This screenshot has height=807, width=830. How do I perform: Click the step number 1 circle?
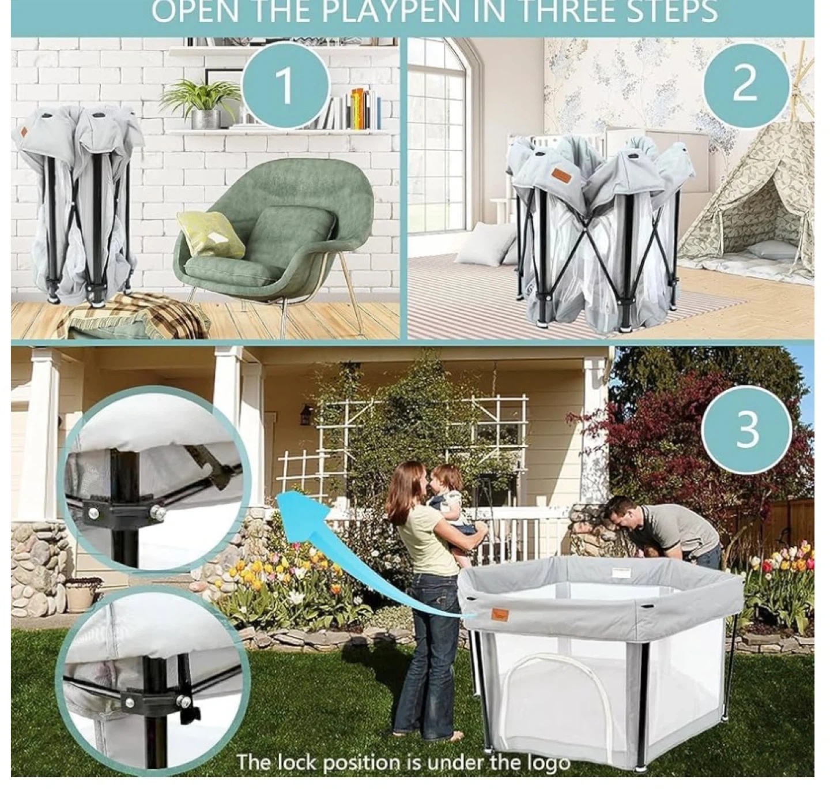pyautogui.click(x=285, y=85)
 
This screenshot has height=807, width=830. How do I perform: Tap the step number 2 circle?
pyautogui.click(x=745, y=85)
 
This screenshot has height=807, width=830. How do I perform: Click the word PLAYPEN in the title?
pyautogui.click(x=391, y=11)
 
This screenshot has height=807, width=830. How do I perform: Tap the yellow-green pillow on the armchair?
pyautogui.click(x=210, y=234)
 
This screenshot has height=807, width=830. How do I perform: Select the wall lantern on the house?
pyautogui.click(x=305, y=415)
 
